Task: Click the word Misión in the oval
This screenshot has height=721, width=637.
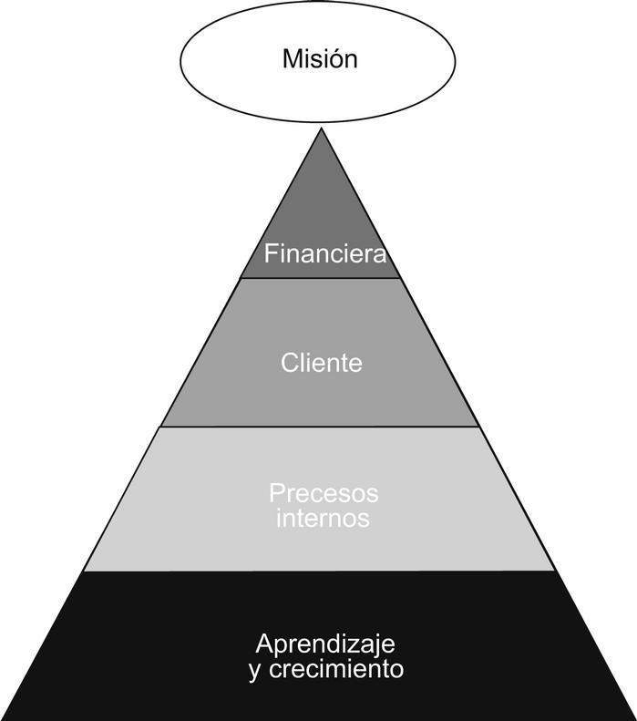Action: coord(319,60)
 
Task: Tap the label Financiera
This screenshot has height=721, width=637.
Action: coord(325,254)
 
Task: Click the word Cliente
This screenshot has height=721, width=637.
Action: coord(321,363)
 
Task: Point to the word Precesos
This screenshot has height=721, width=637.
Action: coord(323,494)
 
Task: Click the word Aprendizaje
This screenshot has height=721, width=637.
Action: coord(325,644)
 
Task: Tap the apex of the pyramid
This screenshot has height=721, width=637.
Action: coord(321,130)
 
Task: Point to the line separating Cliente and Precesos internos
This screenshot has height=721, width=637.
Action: coord(319,427)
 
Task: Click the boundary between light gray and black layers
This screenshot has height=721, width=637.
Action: coord(319,572)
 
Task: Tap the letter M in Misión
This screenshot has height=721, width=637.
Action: coord(291,60)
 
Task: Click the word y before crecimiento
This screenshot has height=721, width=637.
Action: coord(253,671)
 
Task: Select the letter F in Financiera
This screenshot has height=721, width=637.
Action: coord(271,254)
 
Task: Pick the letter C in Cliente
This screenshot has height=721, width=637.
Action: coord(289,363)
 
